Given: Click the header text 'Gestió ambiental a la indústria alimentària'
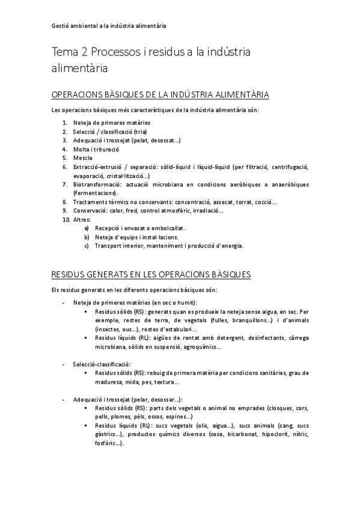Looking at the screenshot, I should pyautogui.click(x=109, y=26).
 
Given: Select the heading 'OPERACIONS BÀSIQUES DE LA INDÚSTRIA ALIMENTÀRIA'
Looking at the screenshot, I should pyautogui.click(x=160, y=95).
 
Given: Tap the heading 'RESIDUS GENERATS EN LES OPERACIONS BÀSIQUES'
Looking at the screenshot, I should pyautogui.click(x=151, y=274).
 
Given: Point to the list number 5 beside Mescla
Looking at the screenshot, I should pyautogui.click(x=65, y=158).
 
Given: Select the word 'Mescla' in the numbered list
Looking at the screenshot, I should pyautogui.click(x=83, y=158).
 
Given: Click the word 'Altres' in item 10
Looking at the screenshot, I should pyautogui.click(x=82, y=220).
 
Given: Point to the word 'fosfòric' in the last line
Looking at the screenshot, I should pyautogui.click(x=108, y=443).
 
